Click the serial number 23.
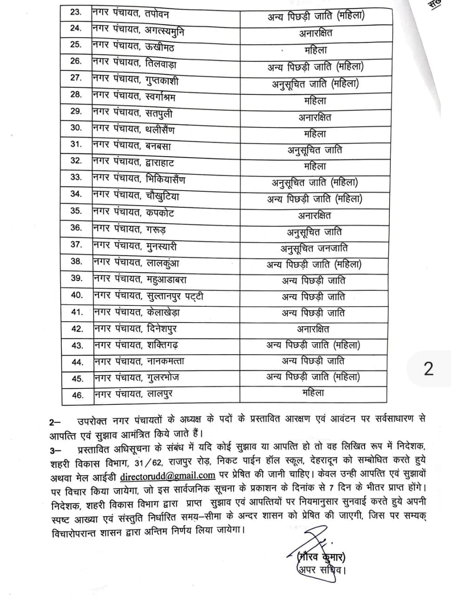(x=76, y=12)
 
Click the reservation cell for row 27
(x=315, y=84)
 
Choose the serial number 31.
(x=76, y=144)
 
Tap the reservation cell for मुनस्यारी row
(x=314, y=248)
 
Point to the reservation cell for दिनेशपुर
(x=313, y=329)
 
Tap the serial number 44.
(x=77, y=362)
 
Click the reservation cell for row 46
(x=313, y=393)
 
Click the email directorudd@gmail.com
(x=167, y=476)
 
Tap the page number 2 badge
(x=428, y=369)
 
